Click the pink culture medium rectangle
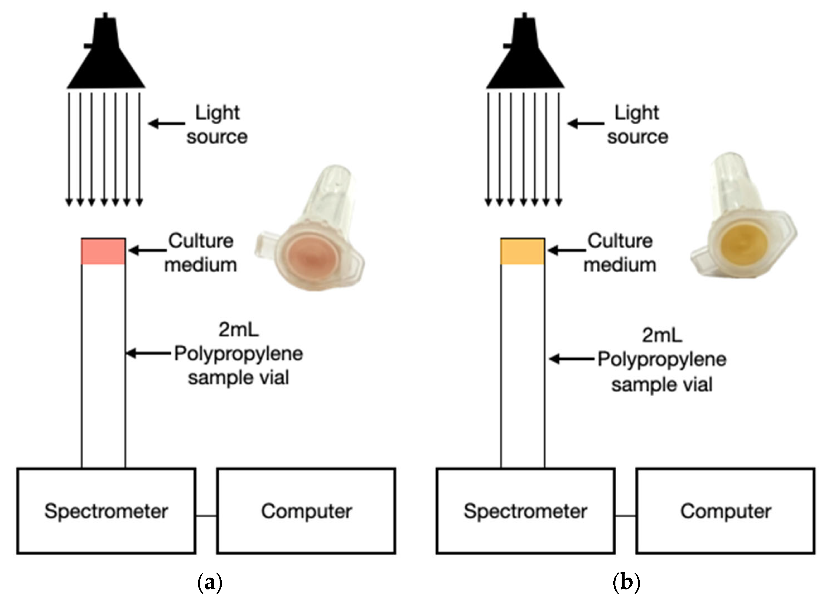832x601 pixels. pos(103,252)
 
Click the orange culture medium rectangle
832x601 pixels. pos(522,252)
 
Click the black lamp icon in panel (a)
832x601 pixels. pos(106,59)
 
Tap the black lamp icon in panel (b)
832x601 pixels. pos(525,59)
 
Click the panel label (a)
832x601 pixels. pos(209,582)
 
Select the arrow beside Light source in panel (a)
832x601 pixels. pos(167,124)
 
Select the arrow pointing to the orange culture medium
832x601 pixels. pos(567,251)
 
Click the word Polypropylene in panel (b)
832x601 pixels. pos(662,359)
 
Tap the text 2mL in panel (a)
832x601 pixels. pos(239,330)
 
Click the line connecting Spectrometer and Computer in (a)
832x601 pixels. pos(206,516)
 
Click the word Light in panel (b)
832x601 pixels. pos(636,113)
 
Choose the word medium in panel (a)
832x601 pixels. pos(200,265)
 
